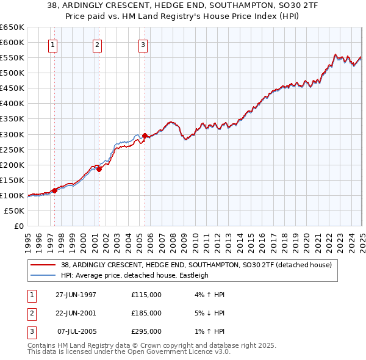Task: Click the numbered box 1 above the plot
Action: (53, 44)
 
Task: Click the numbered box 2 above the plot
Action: (98, 44)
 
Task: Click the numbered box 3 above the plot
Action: (143, 44)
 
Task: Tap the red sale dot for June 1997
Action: (55, 190)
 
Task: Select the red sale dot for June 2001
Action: (99, 169)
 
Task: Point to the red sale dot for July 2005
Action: (145, 135)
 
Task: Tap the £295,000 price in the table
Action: (146, 331)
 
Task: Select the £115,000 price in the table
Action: (146, 295)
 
